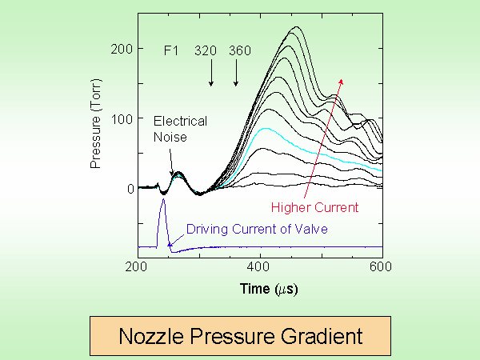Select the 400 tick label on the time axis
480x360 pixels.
(261, 266)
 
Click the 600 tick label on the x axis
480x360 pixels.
(382, 266)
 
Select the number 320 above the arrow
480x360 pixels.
(207, 50)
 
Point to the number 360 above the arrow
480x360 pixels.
(240, 50)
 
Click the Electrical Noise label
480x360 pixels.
(180, 128)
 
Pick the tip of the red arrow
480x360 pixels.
(342, 78)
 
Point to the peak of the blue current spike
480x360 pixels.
(163, 200)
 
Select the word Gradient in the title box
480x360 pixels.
(320, 335)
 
